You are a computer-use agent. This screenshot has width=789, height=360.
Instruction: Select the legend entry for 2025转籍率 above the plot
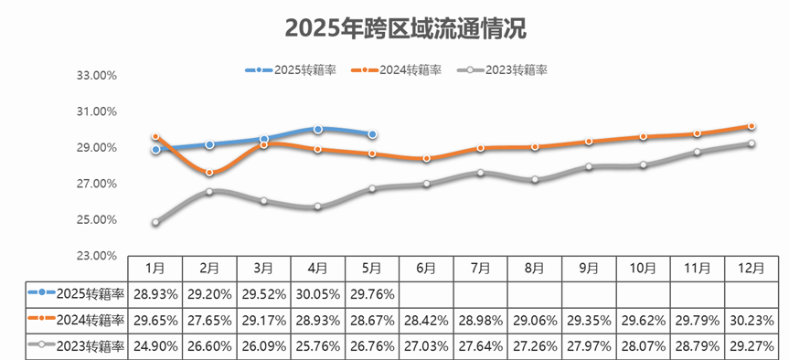click(x=291, y=69)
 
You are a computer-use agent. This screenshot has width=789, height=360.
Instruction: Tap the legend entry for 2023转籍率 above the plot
click(x=506, y=69)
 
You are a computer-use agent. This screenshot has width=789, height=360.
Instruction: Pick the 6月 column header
click(x=426, y=269)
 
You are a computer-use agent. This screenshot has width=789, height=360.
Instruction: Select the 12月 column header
click(x=751, y=269)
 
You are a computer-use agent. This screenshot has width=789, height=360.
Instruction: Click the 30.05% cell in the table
click(x=318, y=293)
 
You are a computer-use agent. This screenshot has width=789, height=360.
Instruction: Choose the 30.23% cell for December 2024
click(x=751, y=320)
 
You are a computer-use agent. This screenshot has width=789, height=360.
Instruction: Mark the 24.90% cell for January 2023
click(x=155, y=346)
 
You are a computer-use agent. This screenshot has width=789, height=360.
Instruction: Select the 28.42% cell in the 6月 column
click(x=426, y=320)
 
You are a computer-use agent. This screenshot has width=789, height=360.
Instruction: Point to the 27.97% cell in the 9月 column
click(x=589, y=346)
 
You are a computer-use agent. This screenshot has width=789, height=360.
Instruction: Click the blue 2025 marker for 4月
click(x=317, y=130)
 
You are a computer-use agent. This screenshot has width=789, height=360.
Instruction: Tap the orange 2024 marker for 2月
click(x=209, y=173)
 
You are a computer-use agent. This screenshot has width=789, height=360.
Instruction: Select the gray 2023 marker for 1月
click(x=155, y=222)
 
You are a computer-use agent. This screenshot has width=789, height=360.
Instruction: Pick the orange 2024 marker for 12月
click(x=752, y=126)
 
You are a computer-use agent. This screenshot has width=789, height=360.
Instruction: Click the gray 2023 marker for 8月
click(x=535, y=180)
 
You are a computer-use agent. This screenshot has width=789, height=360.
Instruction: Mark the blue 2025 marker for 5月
click(x=372, y=134)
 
